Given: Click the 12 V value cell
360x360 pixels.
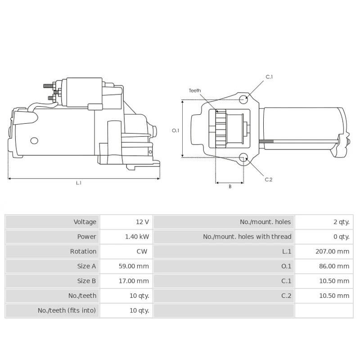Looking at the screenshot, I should (142, 222).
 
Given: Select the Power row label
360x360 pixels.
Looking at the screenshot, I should (86, 237).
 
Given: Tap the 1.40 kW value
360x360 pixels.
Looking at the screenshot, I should (136, 237).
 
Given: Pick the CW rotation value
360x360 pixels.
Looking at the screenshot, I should (142, 252).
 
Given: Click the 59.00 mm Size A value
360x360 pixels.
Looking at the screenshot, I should (133, 266).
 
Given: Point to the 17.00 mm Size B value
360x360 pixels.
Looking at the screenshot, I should (133, 281).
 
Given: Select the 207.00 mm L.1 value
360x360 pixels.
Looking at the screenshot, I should (332, 252).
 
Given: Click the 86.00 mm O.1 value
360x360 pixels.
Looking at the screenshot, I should (333, 266).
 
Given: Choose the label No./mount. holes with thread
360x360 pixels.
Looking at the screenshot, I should (247, 237).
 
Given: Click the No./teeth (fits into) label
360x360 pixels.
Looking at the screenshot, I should (67, 310).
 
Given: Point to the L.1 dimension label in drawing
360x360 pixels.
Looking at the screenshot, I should (79, 183).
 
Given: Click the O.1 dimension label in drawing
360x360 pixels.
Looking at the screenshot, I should (175, 130).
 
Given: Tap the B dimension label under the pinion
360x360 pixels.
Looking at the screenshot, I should (230, 187).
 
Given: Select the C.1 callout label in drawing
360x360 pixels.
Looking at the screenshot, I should (269, 77).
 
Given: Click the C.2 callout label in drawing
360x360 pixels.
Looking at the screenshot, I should (269, 180).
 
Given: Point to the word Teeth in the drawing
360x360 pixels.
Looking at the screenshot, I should (195, 90).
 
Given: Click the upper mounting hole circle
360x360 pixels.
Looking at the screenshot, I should (243, 99).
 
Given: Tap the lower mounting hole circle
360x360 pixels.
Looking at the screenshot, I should (243, 157).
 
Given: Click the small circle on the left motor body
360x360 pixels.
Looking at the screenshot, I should (34, 141).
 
